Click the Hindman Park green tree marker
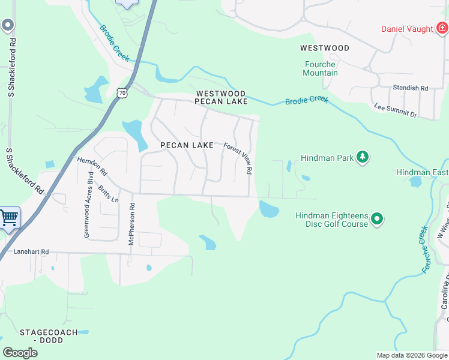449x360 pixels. click(x=362, y=157)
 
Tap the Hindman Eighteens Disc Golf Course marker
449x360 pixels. click(x=376, y=219)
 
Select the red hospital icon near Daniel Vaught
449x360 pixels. click(x=442, y=28)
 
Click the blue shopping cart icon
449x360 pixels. click(x=8, y=218)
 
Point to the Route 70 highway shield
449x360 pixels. click(x=122, y=93)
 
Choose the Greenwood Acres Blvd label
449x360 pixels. click(x=88, y=205)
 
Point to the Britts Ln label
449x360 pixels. click(x=107, y=191)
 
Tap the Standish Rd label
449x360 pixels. click(x=410, y=88)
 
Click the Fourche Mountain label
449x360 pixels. click(x=321, y=68)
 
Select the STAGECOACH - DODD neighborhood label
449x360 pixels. click(x=49, y=336)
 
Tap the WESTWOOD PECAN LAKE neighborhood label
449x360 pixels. click(x=221, y=98)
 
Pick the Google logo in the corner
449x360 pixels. click(x=20, y=352)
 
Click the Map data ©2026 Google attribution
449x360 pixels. click(x=411, y=355)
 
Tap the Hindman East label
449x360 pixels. click(x=422, y=172)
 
